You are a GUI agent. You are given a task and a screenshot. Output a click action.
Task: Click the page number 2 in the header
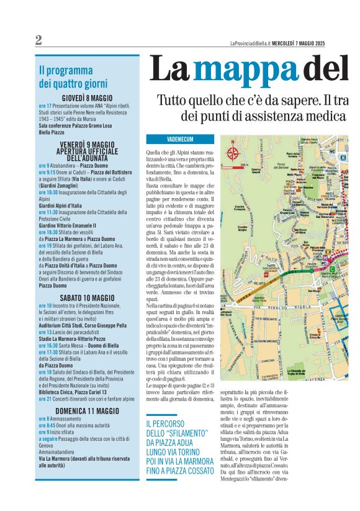click(x=38, y=40)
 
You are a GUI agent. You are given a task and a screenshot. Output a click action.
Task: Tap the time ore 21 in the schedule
click(x=45, y=399)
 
